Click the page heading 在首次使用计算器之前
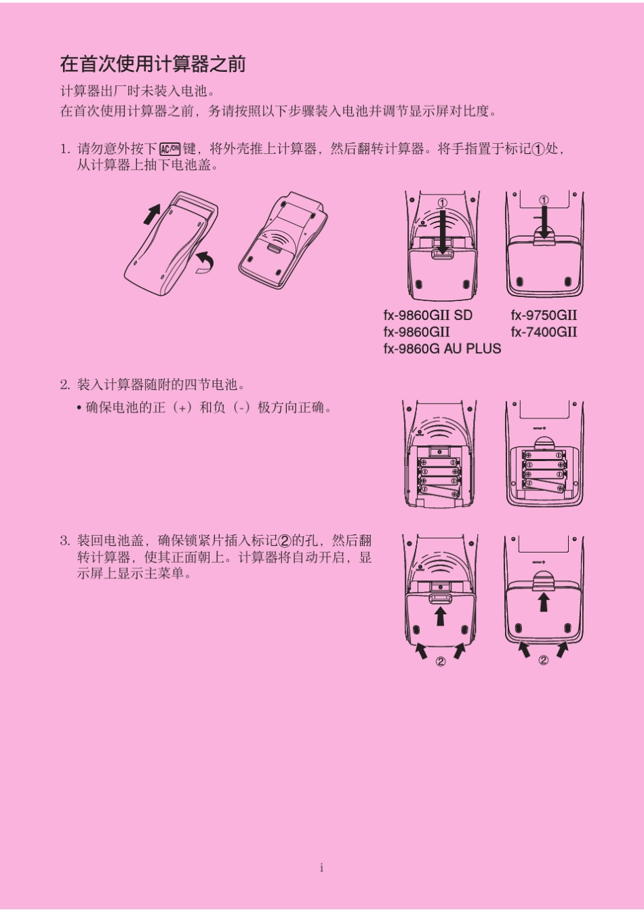[153, 64]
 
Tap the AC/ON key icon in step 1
[170, 149]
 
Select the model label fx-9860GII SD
[428, 315]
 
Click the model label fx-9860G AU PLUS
[442, 349]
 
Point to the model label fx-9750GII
[544, 315]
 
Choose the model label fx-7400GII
[544, 332]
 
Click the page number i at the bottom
[321, 868]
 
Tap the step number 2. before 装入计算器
[64, 385]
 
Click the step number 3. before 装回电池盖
[64, 541]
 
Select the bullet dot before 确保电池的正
[79, 408]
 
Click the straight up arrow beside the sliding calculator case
[151, 214]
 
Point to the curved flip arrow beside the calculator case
[204, 262]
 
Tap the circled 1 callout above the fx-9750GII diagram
[544, 200]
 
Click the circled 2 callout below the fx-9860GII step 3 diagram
[441, 661]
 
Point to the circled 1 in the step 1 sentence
[538, 150]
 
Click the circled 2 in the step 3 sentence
[285, 541]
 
